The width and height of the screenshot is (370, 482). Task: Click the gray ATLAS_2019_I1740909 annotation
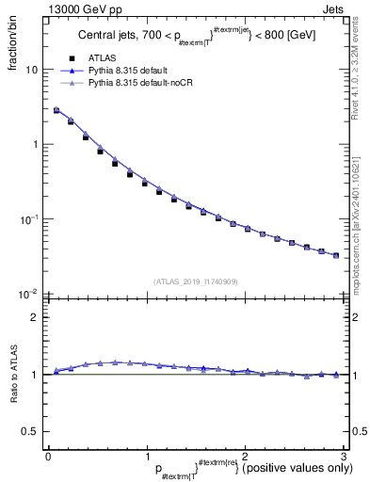(x=196, y=281)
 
